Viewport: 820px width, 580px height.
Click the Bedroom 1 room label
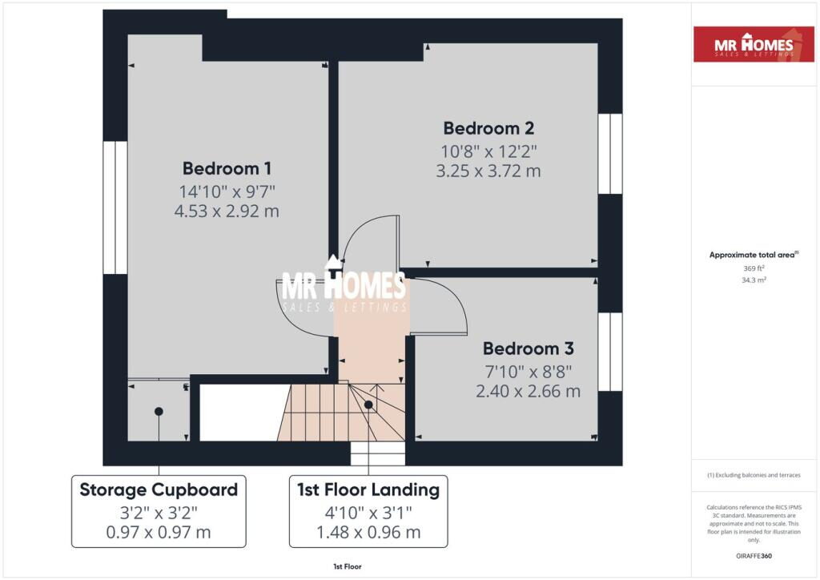(227, 168)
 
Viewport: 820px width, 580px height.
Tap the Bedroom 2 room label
(488, 128)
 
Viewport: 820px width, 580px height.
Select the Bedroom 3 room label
(529, 348)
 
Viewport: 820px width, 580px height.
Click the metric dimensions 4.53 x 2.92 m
(227, 211)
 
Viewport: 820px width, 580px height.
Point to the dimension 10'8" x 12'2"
(488, 151)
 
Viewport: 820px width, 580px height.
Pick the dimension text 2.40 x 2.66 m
(529, 391)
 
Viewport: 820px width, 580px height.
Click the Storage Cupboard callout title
(159, 490)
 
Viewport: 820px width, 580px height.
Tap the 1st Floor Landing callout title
(368, 490)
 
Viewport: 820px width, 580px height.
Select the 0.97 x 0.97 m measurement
(159, 533)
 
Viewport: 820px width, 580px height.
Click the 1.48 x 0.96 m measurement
(368, 533)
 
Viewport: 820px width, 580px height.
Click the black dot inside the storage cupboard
(159, 412)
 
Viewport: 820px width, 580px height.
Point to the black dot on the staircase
(368, 405)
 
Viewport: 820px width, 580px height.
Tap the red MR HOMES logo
(754, 45)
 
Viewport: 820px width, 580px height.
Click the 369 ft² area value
(754, 268)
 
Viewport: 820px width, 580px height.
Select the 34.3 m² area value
(754, 280)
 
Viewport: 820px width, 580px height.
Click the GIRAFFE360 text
(754, 556)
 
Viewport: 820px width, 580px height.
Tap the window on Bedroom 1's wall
(115, 207)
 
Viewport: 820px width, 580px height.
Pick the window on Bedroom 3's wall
(609, 352)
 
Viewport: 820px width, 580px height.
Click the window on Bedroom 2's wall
(609, 154)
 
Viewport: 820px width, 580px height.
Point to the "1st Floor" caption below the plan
(348, 566)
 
